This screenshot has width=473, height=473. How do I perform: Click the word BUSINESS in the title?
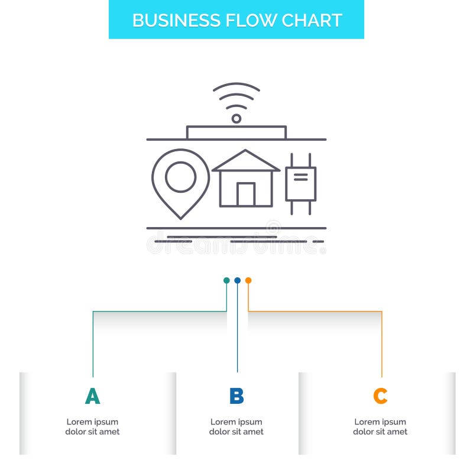pyautogui.click(x=169, y=20)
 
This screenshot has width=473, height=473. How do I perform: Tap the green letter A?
pyautogui.click(x=92, y=396)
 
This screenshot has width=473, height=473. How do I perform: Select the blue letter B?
pyautogui.click(x=237, y=396)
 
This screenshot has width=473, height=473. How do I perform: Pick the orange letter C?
pyautogui.click(x=380, y=396)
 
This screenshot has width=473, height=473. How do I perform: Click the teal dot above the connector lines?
pyautogui.click(x=226, y=280)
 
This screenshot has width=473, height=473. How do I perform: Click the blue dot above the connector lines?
pyautogui.click(x=237, y=280)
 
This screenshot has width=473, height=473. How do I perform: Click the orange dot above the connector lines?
pyautogui.click(x=248, y=280)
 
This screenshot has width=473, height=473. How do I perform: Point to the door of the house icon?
pyautogui.click(x=246, y=195)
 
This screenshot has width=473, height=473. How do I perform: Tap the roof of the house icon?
pyautogui.click(x=246, y=161)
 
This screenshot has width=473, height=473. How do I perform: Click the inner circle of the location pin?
pyautogui.click(x=180, y=176)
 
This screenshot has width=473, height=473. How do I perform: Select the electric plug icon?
pyautogui.click(x=300, y=183)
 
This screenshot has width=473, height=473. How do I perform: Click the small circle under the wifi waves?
pyautogui.click(x=237, y=118)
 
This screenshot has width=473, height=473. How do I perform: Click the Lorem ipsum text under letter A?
pyautogui.click(x=92, y=427)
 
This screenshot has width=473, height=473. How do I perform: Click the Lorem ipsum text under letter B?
pyautogui.click(x=237, y=427)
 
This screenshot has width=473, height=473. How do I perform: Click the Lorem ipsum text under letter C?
pyautogui.click(x=380, y=427)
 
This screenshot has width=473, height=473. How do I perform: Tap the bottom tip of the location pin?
pyautogui.click(x=180, y=217)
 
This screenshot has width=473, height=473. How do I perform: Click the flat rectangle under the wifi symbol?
pyautogui.click(x=237, y=132)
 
